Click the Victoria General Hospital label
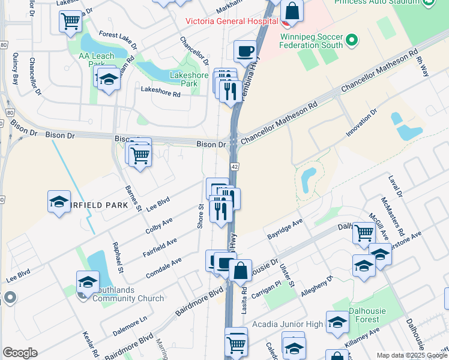coord(231,21)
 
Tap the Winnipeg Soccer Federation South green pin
coord(352,41)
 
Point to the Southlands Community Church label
coord(131,293)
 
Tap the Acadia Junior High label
coord(288,325)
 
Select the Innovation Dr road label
coord(361,122)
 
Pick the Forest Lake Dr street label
coord(118,40)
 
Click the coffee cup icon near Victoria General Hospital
coord(244,52)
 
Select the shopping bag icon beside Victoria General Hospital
coord(292,10)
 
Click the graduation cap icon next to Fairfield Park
coord(59,202)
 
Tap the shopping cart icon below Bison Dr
coord(140,156)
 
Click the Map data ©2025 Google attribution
coord(411,355)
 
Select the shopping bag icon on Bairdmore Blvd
coord(240,271)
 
